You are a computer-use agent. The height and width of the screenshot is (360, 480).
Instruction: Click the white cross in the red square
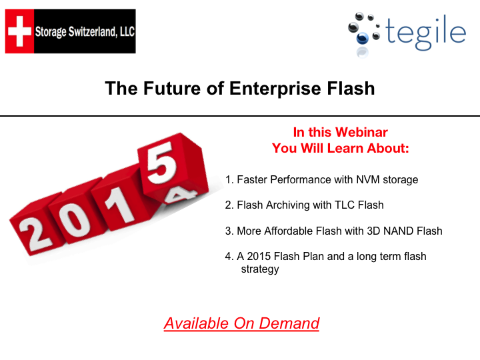click(19, 31)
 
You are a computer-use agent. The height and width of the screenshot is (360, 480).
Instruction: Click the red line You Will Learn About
click(340, 148)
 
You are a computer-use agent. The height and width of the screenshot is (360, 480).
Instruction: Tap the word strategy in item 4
click(260, 269)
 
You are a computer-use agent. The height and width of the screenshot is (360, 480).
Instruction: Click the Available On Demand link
click(241, 324)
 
